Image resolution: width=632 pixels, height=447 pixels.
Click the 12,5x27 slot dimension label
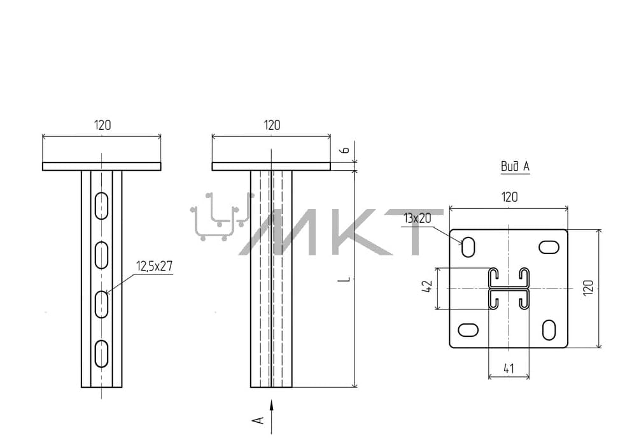coord(155,266)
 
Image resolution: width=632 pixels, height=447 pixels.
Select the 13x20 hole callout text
coord(418,218)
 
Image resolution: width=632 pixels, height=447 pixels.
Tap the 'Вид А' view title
coord(515,166)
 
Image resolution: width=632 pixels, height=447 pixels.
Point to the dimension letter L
coord(346,279)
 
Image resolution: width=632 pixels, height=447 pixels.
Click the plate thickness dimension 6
coord(345,150)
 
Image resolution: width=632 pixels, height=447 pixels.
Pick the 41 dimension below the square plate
coord(509,368)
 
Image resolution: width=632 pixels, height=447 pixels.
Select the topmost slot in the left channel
coord(102,206)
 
